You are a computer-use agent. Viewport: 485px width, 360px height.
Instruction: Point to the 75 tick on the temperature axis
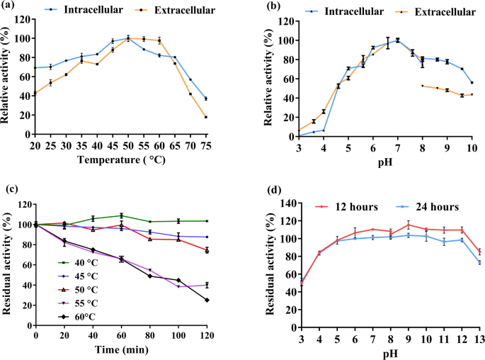(206, 145)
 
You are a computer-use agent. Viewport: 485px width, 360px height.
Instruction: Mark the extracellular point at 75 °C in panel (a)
(206, 117)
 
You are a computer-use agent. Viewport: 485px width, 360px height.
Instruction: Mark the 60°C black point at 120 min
(206, 300)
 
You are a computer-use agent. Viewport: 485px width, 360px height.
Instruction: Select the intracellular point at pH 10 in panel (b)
(472, 83)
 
